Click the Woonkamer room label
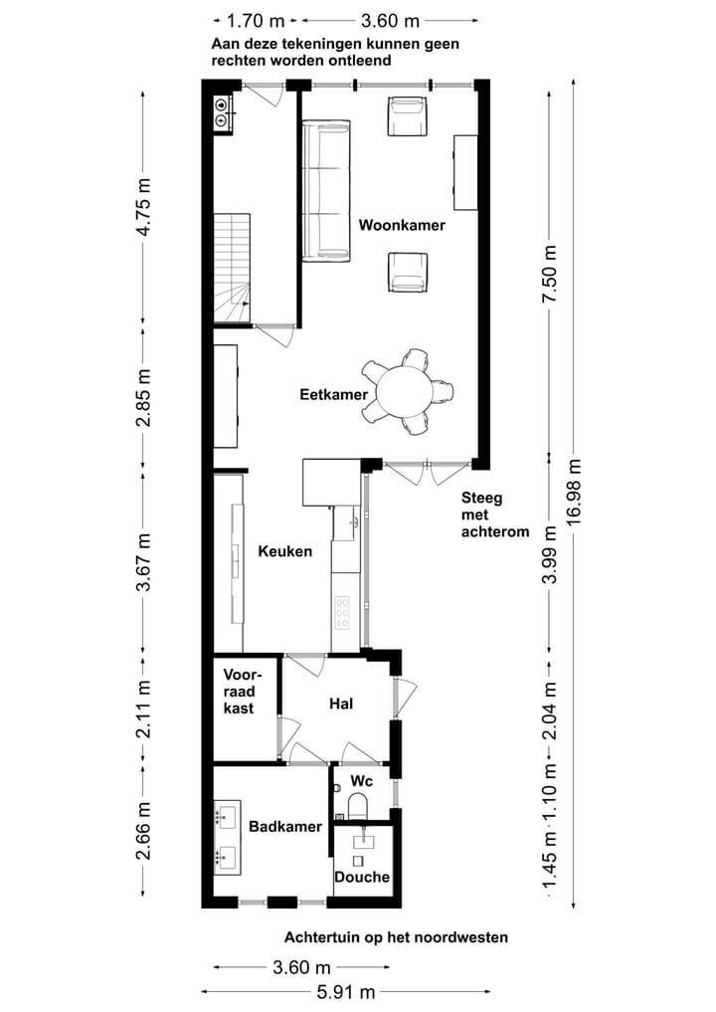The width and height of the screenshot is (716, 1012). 402,225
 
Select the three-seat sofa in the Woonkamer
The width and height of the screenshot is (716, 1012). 326,191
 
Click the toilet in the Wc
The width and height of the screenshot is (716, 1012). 357,805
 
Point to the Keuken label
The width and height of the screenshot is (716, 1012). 285,551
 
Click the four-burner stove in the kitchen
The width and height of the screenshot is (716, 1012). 342,613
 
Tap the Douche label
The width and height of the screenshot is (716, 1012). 362,877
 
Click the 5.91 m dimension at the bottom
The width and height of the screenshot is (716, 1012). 346,992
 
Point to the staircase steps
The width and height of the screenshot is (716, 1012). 233,268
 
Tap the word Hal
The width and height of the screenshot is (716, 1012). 341,704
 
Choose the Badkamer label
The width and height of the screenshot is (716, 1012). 285,827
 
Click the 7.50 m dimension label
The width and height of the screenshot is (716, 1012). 549,275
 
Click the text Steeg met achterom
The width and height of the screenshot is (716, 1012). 495,515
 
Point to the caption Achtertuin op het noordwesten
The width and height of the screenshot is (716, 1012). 396,937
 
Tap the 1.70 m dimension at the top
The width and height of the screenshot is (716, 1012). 256,21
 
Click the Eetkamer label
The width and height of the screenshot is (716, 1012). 333,394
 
